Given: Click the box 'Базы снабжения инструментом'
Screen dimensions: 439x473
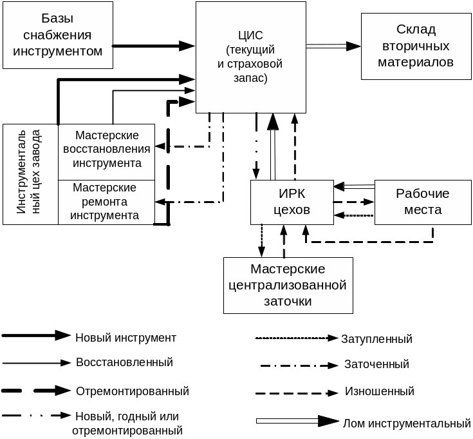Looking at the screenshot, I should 58,35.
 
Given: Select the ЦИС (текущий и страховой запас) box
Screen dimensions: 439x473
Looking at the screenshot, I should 250,57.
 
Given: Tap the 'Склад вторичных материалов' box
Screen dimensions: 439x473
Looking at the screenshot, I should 416,46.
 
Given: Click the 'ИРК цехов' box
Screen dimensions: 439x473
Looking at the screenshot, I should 292,202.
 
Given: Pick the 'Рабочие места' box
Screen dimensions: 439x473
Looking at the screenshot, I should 423,202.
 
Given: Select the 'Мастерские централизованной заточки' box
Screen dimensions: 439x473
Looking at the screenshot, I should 288,285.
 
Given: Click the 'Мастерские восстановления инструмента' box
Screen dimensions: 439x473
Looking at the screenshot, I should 107,150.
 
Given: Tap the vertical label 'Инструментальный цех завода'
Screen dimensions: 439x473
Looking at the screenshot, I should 30,173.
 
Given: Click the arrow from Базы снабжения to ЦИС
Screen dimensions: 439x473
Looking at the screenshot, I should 154,46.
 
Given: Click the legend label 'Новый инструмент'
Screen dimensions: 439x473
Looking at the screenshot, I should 126,337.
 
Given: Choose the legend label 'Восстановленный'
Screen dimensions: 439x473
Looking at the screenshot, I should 125,362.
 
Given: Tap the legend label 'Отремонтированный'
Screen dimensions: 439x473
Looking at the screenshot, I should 133,391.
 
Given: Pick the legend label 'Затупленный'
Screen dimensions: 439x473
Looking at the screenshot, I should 376,338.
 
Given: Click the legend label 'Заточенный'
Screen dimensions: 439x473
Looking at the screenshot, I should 377,364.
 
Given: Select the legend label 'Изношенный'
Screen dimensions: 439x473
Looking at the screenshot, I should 380,391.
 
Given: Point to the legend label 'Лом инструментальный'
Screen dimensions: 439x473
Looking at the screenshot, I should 407,424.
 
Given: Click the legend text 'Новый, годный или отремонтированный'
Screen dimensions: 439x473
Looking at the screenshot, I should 127,423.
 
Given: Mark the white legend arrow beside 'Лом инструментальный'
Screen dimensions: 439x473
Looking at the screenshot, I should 297,422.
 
